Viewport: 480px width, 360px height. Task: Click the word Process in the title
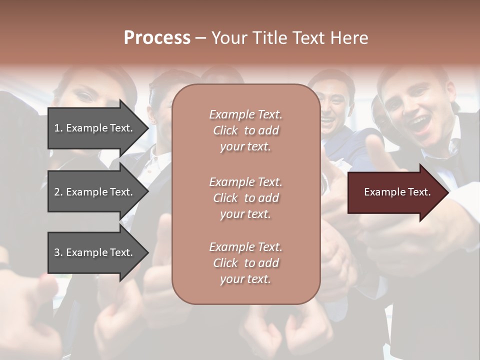click(157, 38)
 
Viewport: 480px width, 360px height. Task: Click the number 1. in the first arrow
click(58, 128)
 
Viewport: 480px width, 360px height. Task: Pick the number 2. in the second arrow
click(58, 192)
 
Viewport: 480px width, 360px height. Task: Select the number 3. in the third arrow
click(58, 252)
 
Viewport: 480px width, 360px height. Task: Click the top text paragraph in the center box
click(245, 130)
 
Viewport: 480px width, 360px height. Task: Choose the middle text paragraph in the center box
click(245, 198)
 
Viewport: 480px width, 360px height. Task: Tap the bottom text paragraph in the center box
click(245, 263)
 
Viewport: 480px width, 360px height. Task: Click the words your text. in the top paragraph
click(245, 147)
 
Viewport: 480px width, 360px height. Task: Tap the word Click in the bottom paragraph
click(225, 263)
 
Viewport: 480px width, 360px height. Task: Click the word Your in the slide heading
click(229, 38)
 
